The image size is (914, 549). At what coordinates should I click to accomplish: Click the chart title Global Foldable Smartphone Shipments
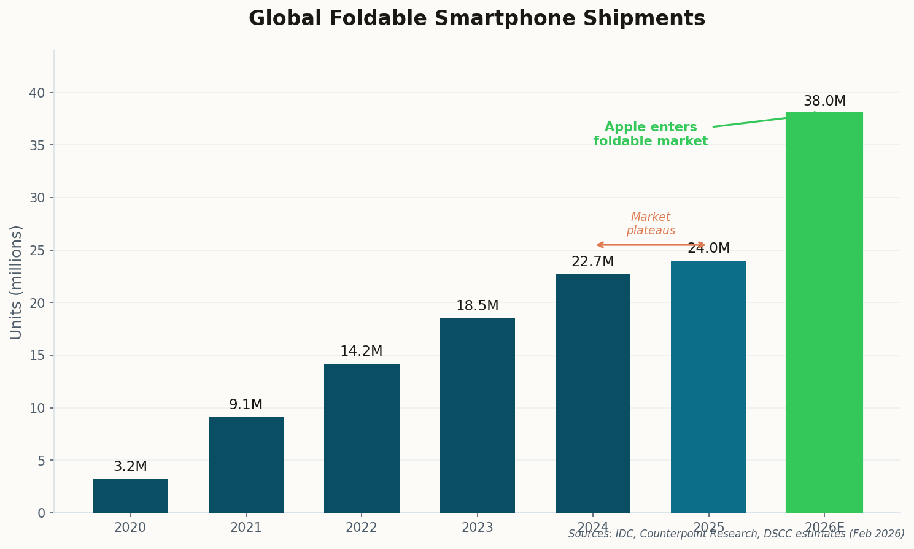coord(476,19)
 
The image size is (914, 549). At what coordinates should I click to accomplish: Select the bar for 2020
coord(130,496)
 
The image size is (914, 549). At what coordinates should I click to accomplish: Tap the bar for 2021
coord(246,465)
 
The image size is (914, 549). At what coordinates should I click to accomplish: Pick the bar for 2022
coord(362,438)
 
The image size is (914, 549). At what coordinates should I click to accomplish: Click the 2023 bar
coord(477,415)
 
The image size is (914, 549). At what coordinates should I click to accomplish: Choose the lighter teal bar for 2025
coord(708,386)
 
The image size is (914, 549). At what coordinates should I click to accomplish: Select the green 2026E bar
coord(824,313)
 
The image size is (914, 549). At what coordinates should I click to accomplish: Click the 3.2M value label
coord(130,467)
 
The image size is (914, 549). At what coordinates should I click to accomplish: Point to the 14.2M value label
coord(362,351)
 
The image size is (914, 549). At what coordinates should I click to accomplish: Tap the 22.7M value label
coord(592,262)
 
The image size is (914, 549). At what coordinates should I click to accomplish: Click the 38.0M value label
coord(824,101)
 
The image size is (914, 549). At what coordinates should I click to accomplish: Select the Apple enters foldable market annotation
coord(651,134)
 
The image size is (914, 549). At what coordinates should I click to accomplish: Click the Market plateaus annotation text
coord(651,224)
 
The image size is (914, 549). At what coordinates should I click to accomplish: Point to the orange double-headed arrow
coord(651,245)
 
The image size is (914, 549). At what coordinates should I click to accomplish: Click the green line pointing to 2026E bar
coord(761,120)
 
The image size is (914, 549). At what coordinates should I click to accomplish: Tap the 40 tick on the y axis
coord(37,93)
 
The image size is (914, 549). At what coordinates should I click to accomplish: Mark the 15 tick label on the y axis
coord(37,356)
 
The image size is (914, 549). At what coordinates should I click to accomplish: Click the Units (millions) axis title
coord(17,282)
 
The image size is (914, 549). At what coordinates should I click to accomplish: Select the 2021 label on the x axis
coord(246,528)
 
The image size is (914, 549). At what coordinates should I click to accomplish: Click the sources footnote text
coord(736,534)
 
